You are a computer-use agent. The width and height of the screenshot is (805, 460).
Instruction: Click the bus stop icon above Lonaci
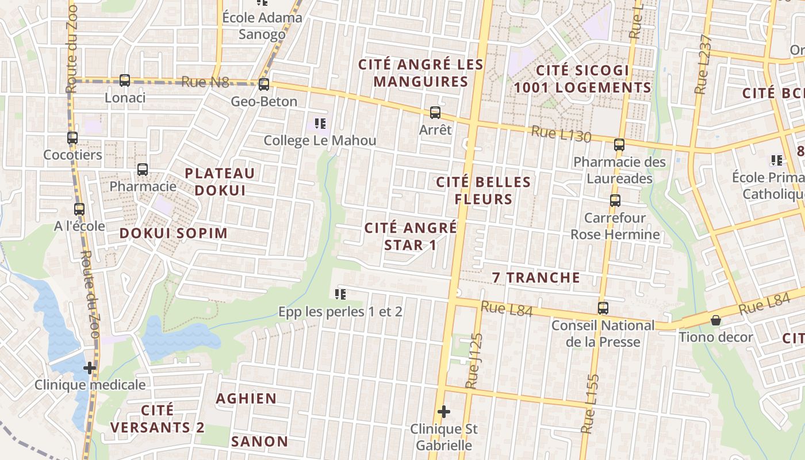125,80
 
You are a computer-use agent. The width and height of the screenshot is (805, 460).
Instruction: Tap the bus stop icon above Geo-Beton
264,85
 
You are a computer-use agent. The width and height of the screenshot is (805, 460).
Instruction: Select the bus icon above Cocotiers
72,138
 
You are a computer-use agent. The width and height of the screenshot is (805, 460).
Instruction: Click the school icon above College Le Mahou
320,124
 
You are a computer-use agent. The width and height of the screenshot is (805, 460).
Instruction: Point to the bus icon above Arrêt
435,113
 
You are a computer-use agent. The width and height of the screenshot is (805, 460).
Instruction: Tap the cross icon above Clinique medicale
90,367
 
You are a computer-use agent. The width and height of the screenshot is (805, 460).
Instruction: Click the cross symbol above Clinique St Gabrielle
443,412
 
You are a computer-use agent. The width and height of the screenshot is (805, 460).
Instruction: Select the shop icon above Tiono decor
716,320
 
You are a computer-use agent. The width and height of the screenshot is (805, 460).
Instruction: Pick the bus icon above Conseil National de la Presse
603,308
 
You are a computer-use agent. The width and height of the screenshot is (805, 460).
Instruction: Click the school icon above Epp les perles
340,294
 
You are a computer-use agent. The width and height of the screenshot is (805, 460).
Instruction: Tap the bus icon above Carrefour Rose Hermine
615,201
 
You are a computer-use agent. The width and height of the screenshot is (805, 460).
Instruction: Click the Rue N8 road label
205,82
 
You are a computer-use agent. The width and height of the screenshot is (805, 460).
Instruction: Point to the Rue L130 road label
561,134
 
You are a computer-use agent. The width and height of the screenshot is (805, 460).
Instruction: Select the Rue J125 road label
473,361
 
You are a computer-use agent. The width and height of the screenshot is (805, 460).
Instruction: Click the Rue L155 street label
591,404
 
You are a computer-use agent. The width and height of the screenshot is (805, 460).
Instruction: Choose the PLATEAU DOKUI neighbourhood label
220,181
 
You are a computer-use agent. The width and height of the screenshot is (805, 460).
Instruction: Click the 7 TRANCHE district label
536,278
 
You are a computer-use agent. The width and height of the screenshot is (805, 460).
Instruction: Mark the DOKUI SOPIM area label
174,233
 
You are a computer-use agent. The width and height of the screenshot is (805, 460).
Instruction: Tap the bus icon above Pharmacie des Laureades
619,145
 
